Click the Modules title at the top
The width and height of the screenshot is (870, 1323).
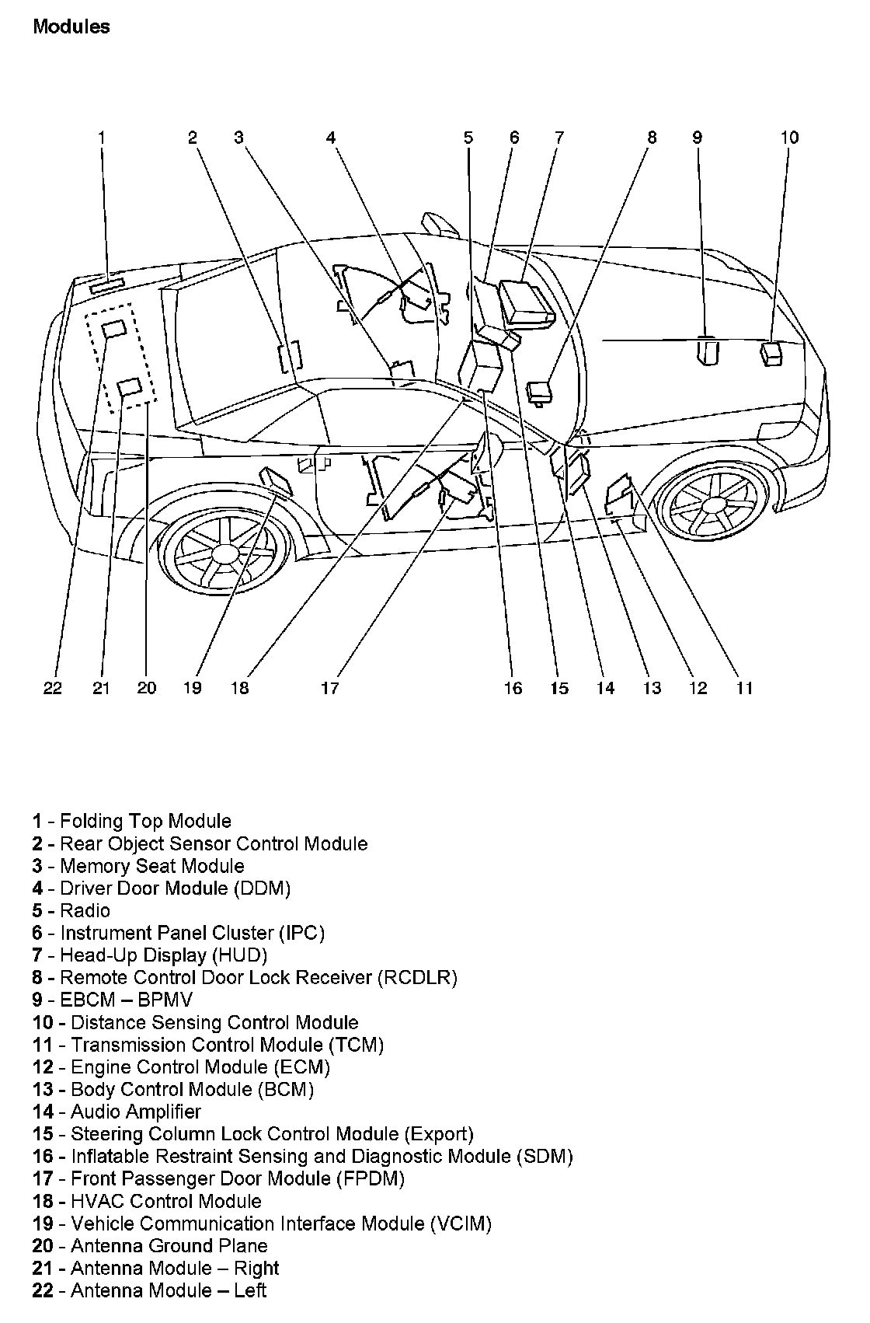pyautogui.click(x=71, y=27)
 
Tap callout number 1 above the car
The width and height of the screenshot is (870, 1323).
pyautogui.click(x=101, y=138)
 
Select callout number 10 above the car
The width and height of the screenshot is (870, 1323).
pyautogui.click(x=789, y=138)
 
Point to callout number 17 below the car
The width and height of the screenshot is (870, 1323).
pyautogui.click(x=330, y=688)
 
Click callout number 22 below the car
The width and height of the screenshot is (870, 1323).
pyautogui.click(x=52, y=688)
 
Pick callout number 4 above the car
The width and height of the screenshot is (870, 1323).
pyautogui.click(x=331, y=138)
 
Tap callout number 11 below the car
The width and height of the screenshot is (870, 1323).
pyautogui.click(x=745, y=688)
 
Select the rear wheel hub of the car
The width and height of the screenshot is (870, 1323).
pyautogui.click(x=225, y=553)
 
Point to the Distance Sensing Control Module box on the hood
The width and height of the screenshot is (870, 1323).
pyautogui.click(x=772, y=353)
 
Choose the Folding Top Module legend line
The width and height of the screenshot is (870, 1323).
pyautogui.click(x=132, y=822)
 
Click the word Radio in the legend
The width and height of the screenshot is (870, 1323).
pyautogui.click(x=85, y=911)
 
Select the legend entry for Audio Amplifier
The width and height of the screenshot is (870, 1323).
pyautogui.click(x=117, y=1112)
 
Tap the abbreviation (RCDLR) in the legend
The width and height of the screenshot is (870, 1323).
pyautogui.click(x=417, y=978)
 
